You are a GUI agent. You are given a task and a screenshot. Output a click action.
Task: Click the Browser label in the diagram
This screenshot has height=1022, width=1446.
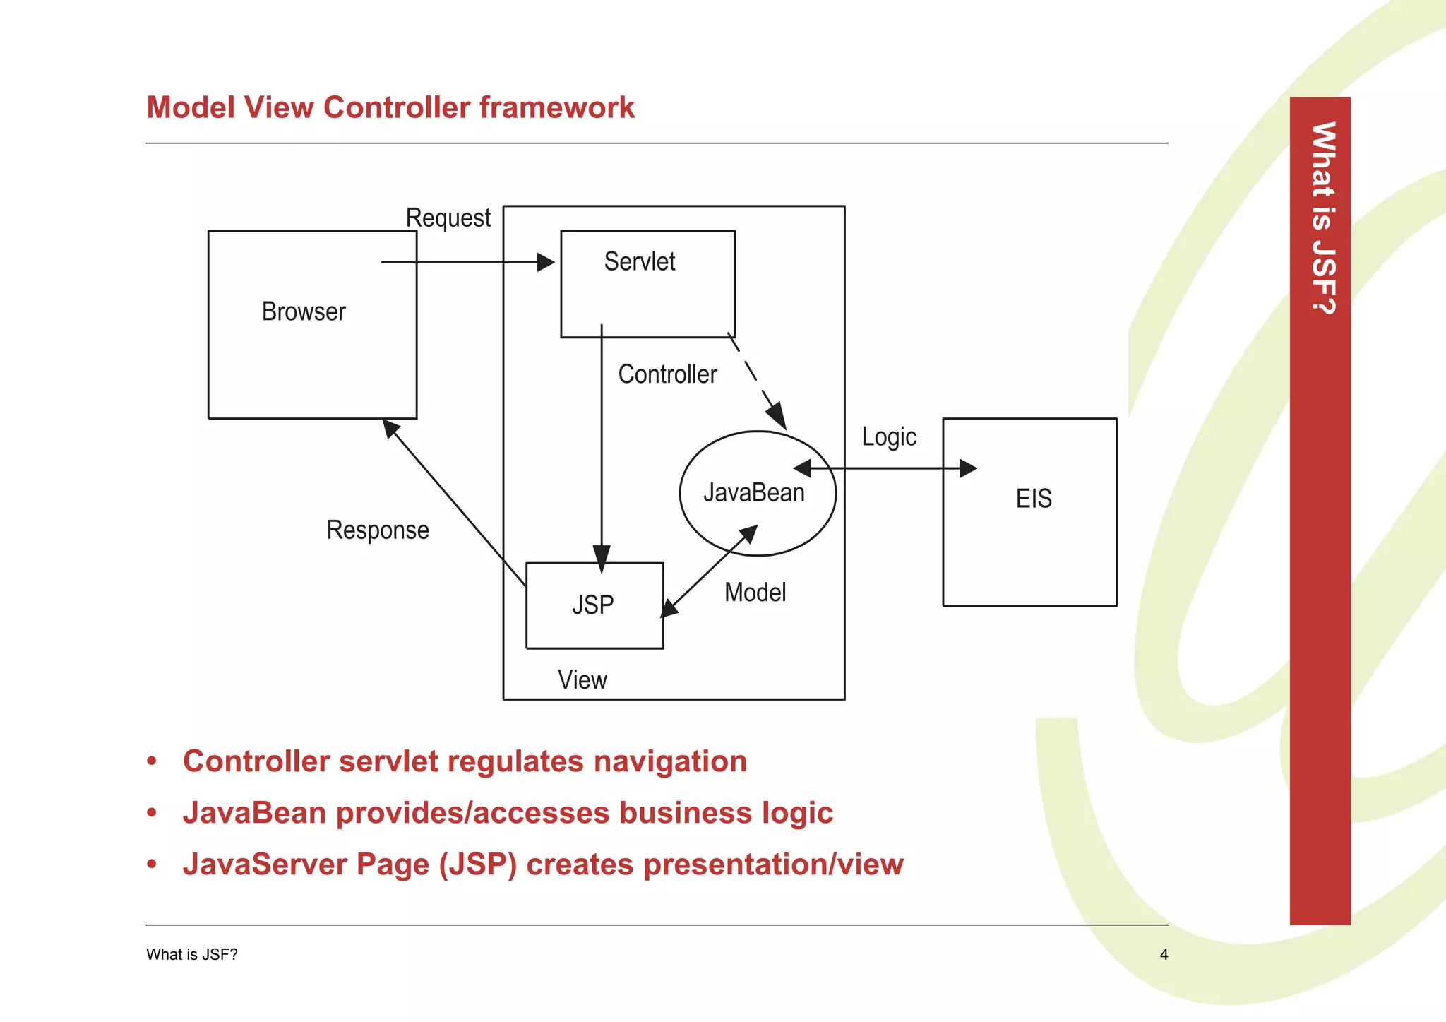pos(304,311)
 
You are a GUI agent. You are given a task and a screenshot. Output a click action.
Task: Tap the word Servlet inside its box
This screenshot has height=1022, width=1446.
pos(640,262)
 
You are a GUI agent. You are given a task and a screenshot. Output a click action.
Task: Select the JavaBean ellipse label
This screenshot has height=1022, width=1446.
pos(754,493)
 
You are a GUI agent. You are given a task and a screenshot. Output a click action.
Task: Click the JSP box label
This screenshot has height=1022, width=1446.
pos(593,605)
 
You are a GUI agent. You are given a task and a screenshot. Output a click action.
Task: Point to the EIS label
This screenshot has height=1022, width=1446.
pos(1034,499)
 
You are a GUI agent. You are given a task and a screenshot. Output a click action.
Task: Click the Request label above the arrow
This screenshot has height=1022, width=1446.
pos(448,218)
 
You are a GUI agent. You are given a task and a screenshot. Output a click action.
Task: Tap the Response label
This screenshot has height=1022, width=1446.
pos(378,530)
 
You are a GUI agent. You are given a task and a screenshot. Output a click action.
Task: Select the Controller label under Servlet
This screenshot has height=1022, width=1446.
pos(667,374)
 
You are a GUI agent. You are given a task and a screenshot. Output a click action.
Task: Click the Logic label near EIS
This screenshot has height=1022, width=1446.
pos(889,437)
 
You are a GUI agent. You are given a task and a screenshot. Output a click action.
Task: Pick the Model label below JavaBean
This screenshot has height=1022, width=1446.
pos(755,593)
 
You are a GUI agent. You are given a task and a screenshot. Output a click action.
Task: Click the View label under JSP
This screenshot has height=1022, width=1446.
pos(582,680)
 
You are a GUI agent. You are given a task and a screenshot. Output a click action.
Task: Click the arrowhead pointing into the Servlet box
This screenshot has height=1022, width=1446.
pos(546,263)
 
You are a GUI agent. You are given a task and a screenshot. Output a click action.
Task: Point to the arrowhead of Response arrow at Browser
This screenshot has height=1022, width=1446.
pos(390,427)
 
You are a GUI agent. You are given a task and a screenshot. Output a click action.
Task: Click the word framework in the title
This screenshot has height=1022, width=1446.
pos(557,107)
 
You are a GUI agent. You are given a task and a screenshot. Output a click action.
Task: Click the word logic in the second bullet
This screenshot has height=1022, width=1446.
pos(797,813)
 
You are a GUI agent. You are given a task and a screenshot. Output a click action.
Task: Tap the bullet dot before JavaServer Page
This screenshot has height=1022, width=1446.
pos(152,864)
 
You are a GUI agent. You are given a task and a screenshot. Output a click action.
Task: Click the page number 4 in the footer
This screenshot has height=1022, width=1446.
pos(1164,955)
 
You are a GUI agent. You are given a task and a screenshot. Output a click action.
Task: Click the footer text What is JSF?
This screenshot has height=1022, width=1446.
pos(192,955)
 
